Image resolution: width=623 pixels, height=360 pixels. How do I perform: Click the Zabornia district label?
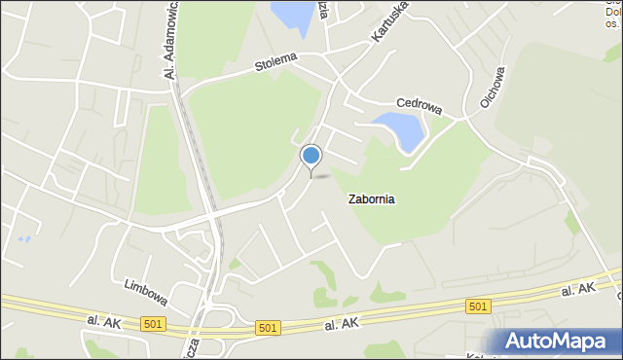pyautogui.click(x=371, y=199)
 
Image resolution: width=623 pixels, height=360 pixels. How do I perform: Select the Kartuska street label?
pyautogui.click(x=388, y=21)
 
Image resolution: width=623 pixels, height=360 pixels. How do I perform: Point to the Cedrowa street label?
pyautogui.click(x=420, y=103)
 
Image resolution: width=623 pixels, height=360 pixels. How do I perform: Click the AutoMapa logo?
pyautogui.click(x=560, y=341)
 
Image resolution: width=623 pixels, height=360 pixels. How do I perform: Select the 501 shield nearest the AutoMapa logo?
pyautogui.click(x=477, y=306)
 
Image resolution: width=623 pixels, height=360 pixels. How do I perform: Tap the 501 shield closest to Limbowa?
pyautogui.click(x=153, y=323)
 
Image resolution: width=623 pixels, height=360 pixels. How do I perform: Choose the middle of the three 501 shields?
pyautogui.click(x=269, y=329)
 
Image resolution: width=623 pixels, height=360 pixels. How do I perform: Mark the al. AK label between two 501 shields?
pyautogui.click(x=343, y=323)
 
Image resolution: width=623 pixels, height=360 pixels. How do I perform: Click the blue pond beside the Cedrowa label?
pyautogui.click(x=399, y=129)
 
